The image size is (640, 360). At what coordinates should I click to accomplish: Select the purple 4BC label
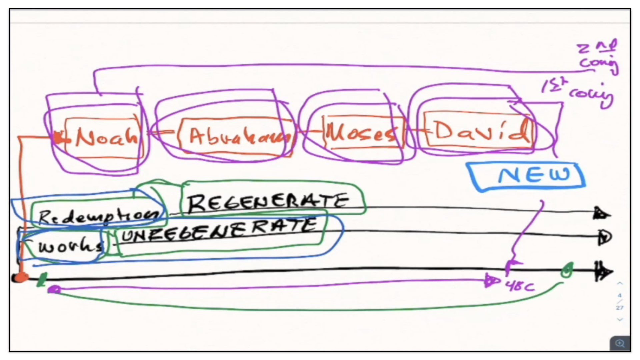tap(520, 286)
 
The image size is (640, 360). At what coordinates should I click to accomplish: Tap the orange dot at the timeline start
tap(21, 277)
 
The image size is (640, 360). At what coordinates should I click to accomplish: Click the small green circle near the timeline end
tap(567, 270)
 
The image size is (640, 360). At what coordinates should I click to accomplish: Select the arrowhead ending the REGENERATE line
tap(601, 214)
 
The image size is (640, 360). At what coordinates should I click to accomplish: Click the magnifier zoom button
tap(620, 343)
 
